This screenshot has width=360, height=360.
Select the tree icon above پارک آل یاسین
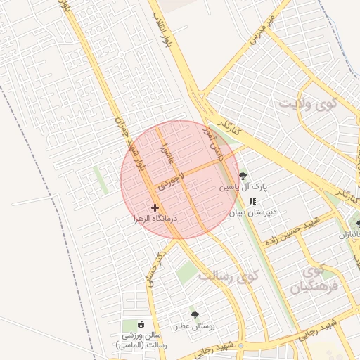(x=243, y=176)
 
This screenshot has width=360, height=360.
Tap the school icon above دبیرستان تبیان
(x=252, y=201)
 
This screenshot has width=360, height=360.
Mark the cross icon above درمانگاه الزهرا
(x=155, y=207)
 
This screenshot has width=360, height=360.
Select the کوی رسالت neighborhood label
(x=229, y=276)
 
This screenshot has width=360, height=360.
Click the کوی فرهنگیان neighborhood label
(x=314, y=278)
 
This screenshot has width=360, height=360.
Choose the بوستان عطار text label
(x=195, y=327)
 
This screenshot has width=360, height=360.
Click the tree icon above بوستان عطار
(x=195, y=315)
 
